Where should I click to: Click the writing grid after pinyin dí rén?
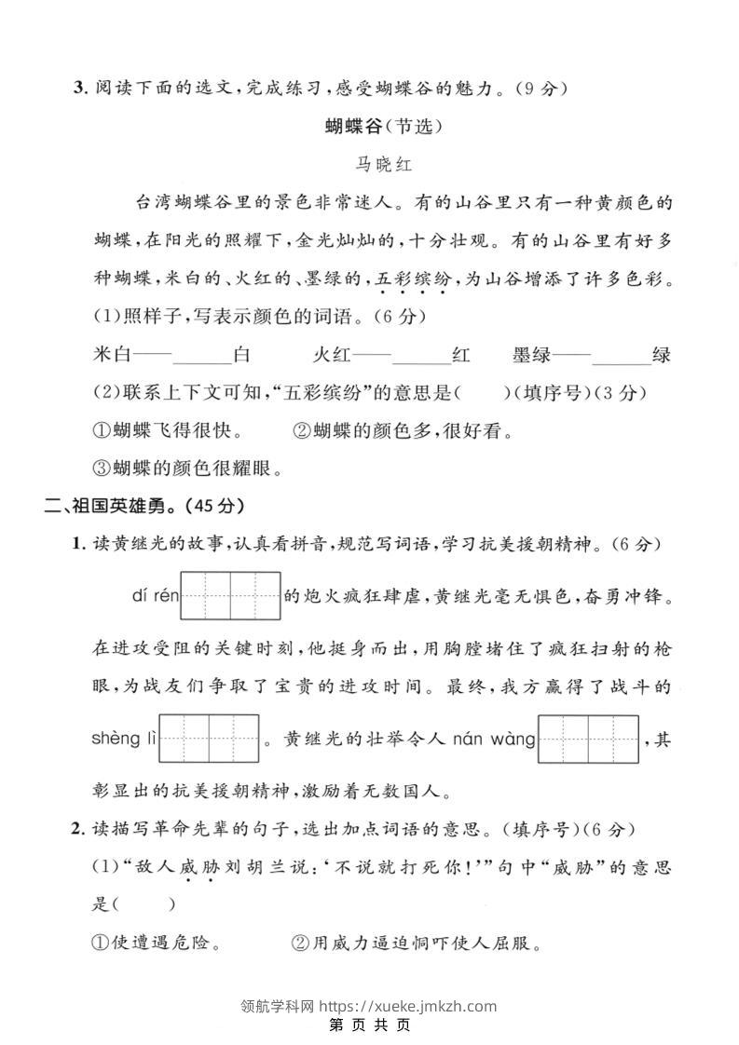pos(230,596)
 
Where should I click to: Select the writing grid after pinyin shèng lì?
pos(209,739)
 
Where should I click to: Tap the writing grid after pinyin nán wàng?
pos(589,739)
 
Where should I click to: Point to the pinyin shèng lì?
pos(124,740)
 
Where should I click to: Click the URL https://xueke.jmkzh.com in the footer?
pos(408,1006)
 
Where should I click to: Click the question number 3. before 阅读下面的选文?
pos(80,88)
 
